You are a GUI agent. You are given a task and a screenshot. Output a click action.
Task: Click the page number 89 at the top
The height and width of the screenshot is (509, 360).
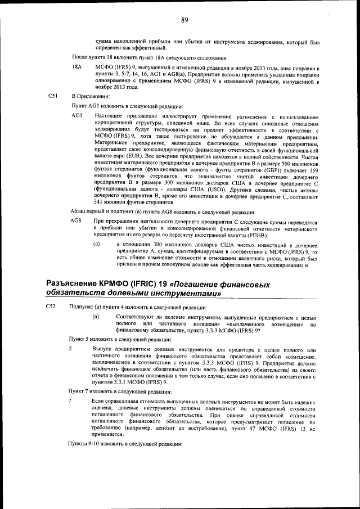[184, 20]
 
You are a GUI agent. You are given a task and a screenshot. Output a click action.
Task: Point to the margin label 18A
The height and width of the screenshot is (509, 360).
[77, 67]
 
